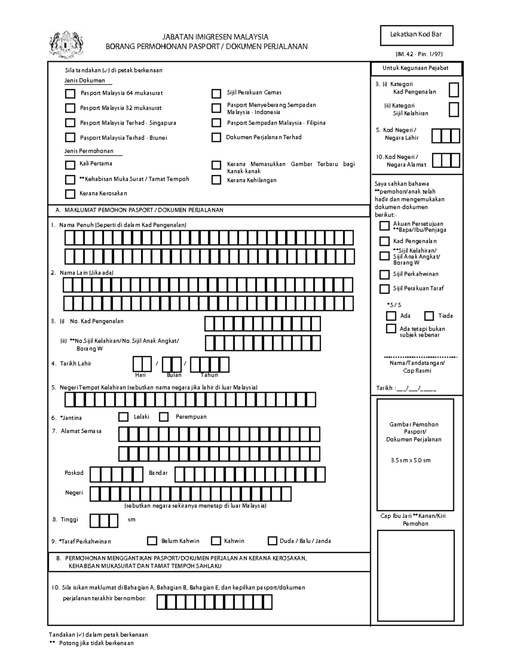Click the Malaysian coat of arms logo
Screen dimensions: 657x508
(x=66, y=44)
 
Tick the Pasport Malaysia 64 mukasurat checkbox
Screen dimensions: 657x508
(x=70, y=93)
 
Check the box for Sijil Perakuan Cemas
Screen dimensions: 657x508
(x=216, y=93)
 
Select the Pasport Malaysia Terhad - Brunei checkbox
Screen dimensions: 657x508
(x=70, y=137)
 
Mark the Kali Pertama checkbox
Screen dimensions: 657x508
(x=70, y=164)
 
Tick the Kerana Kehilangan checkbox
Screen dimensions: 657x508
(x=216, y=180)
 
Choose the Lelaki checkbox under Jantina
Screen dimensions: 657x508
(x=124, y=417)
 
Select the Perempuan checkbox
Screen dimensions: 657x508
(x=164, y=417)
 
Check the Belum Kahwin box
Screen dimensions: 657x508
(x=152, y=541)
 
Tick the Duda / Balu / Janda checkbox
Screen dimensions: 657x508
(x=272, y=541)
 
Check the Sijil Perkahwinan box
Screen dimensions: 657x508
(x=384, y=275)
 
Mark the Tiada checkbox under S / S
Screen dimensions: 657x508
(x=429, y=316)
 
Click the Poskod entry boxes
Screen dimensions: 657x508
(x=116, y=474)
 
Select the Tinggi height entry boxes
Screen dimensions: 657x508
(x=104, y=520)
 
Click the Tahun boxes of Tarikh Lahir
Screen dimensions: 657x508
(x=209, y=365)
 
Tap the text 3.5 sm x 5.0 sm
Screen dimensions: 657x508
(x=410, y=460)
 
